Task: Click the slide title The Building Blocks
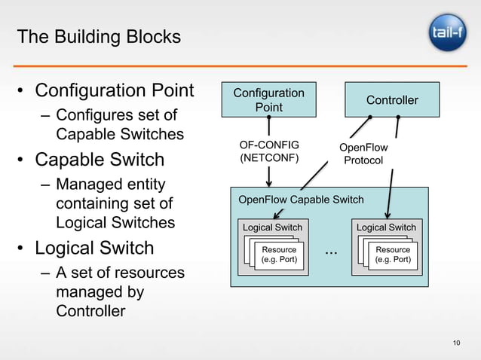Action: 99,36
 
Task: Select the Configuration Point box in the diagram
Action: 268,100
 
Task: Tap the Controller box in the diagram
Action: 391,100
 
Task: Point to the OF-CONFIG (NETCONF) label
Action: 269,151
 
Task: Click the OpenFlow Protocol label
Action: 363,154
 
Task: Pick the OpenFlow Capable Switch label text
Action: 301,200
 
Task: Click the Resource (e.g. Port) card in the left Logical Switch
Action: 279,255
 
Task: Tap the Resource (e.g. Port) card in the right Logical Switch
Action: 393,255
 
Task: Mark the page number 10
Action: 456,344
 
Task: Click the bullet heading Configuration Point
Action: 115,91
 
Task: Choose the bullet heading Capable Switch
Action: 100,160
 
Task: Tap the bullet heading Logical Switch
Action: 95,248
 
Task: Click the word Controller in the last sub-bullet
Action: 90,311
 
